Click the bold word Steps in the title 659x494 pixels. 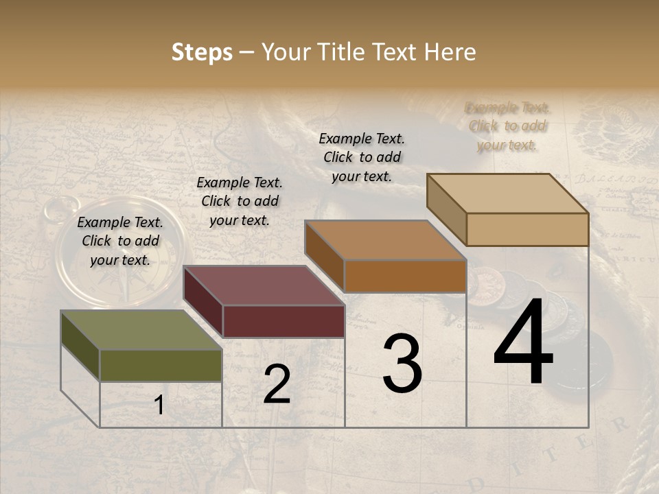click(x=202, y=52)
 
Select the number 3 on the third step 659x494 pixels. click(x=402, y=364)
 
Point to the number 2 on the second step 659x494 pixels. click(x=277, y=384)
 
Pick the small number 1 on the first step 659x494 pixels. click(x=159, y=405)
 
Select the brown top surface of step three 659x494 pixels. click(x=384, y=240)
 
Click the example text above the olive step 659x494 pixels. click(x=120, y=241)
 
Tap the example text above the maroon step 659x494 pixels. click(x=240, y=201)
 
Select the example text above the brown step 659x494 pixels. click(x=362, y=157)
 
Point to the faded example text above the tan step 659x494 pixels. click(x=507, y=126)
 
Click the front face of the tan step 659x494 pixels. click(x=527, y=229)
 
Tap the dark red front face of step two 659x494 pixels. click(x=284, y=321)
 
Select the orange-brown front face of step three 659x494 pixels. click(x=405, y=276)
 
